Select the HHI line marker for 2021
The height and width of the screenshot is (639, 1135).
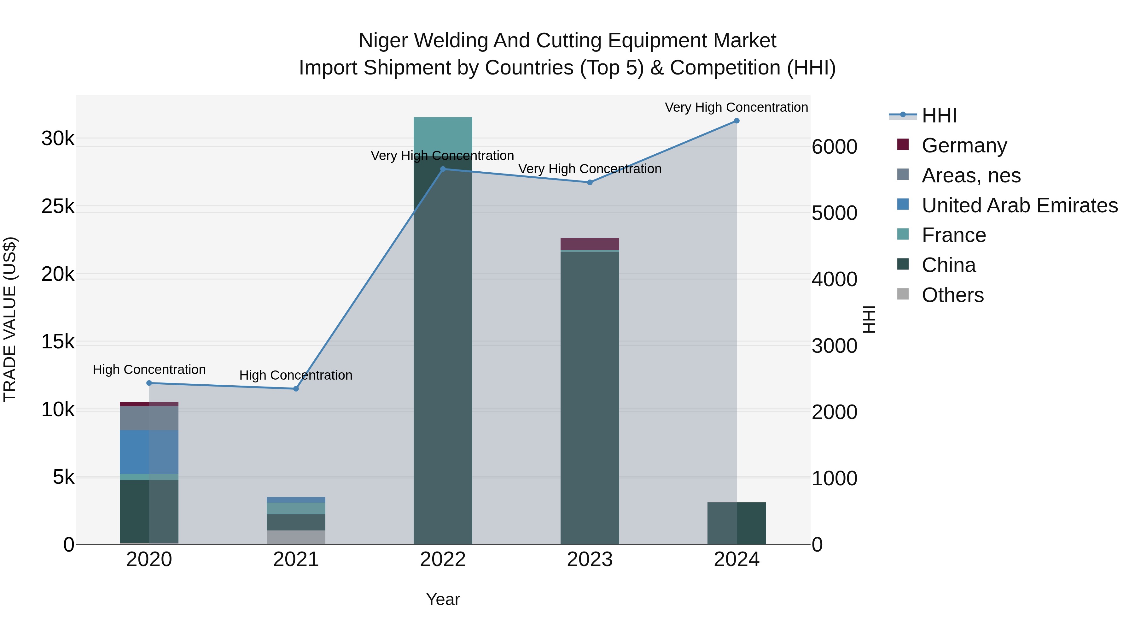coord(296,388)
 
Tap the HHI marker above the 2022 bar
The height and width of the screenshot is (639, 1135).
coord(443,169)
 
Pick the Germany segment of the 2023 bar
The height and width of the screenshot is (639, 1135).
coord(590,244)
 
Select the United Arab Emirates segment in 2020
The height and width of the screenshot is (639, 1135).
coord(149,452)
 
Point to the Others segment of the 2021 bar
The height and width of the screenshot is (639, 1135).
coord(296,537)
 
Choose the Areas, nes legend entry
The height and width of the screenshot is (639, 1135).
coord(971,175)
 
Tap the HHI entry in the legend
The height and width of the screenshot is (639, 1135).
coord(939,115)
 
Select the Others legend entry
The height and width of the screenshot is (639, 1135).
coord(952,295)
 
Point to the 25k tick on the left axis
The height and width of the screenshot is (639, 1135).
coord(58,206)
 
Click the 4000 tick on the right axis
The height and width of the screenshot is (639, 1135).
coord(834,279)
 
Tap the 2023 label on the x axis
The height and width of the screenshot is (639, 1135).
coord(590,559)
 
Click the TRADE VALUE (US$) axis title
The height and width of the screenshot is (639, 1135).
coord(10,319)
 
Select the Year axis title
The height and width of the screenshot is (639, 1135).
coord(443,599)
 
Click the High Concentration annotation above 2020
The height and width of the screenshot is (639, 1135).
coord(149,370)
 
